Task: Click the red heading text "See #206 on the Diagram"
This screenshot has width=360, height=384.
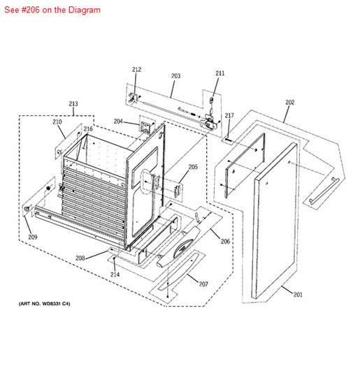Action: point(52,10)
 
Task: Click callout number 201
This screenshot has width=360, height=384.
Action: point(298,295)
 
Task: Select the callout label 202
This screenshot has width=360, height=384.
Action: point(289,102)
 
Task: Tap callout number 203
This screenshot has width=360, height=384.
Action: point(176,76)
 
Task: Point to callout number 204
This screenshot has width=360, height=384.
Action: point(118,121)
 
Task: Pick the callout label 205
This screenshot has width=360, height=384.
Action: point(193,167)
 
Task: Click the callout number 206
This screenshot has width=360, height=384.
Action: point(225,242)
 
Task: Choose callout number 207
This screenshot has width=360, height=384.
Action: point(203,284)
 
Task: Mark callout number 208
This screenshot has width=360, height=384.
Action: point(80,258)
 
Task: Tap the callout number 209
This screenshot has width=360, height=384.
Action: point(33,237)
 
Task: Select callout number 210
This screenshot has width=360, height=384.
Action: point(57,121)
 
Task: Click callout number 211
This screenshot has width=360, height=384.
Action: point(220,73)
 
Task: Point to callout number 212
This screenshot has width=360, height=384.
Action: point(136,70)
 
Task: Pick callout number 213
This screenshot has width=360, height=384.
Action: point(73,104)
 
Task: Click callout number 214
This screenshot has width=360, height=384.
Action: point(115,274)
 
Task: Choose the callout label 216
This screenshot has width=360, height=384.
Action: point(88,129)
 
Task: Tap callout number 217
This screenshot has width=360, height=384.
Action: point(229,115)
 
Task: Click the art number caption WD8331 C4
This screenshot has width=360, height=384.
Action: point(44,304)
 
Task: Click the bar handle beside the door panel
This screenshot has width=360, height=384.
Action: point(324,191)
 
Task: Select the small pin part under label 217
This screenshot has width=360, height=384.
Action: point(228,140)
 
